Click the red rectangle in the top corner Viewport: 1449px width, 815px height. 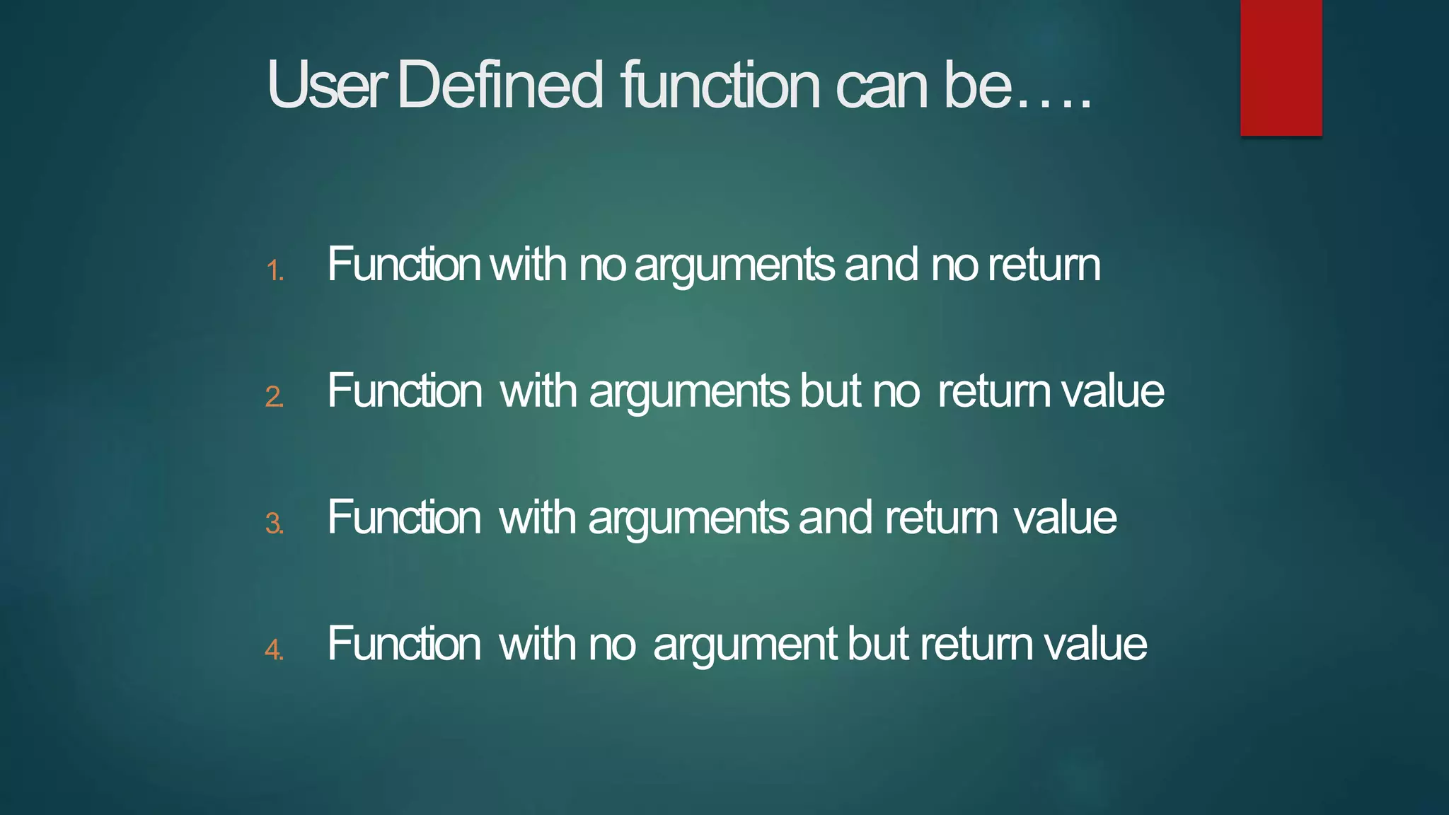click(1281, 67)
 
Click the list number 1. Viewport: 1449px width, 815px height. click(275, 271)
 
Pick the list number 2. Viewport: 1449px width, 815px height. click(275, 397)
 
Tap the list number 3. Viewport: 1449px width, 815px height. click(275, 524)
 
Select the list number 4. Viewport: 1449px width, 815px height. click(275, 649)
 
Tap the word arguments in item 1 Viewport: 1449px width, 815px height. click(734, 267)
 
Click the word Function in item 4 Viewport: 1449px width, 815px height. click(404, 645)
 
